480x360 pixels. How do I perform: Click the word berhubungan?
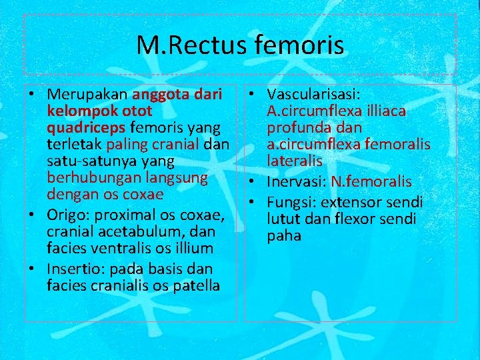point(83,179)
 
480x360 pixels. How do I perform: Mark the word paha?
point(284,235)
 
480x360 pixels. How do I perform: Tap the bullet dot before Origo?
point(33,213)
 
